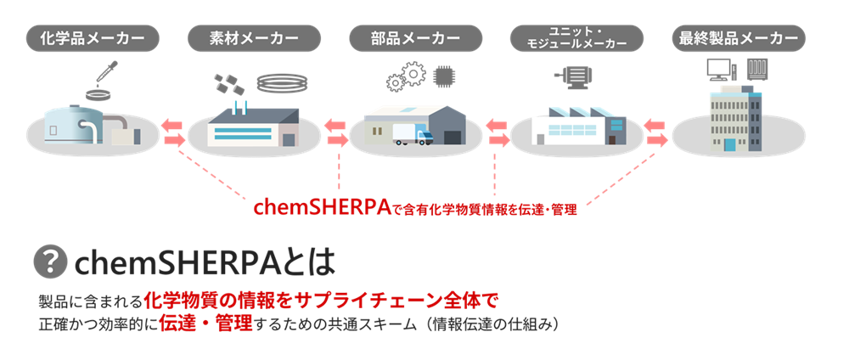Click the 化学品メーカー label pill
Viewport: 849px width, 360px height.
tap(93, 38)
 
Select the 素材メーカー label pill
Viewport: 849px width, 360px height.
tap(254, 38)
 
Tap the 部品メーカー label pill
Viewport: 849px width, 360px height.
tap(415, 38)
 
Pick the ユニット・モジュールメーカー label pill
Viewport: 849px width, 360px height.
tap(576, 38)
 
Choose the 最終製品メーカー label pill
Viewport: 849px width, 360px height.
tap(738, 38)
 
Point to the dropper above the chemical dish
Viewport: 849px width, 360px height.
tap(108, 72)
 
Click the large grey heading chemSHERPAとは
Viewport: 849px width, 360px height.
tap(205, 263)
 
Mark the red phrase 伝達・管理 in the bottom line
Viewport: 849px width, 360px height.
tap(205, 323)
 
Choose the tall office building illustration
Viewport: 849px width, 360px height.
tap(736, 119)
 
